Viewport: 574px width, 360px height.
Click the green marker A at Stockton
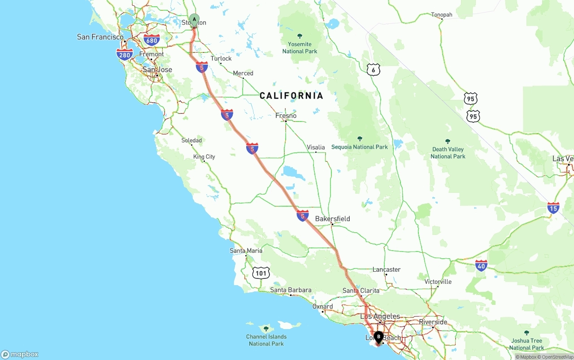point(194,20)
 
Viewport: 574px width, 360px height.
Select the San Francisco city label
point(100,37)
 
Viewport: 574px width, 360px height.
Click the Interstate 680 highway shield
point(152,40)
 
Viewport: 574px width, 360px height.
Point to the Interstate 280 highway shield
point(125,55)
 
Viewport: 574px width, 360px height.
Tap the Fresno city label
point(286,116)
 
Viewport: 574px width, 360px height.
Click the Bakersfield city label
point(332,219)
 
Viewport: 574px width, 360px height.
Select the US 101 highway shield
point(261,273)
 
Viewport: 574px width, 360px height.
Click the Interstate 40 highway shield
point(481,265)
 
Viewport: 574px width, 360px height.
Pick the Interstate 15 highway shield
point(553,208)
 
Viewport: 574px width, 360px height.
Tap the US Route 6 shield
point(373,69)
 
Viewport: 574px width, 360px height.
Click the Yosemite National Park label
point(300,48)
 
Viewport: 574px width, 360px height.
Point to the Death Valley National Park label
point(448,152)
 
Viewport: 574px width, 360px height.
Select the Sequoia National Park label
point(359,147)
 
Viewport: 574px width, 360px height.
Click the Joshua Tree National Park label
point(526,344)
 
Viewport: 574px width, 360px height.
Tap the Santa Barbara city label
point(291,290)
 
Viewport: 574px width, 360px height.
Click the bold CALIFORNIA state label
point(291,95)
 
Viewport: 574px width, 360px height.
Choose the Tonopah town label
point(442,15)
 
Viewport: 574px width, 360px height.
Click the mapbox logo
point(20,354)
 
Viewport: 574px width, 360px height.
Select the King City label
point(204,156)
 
